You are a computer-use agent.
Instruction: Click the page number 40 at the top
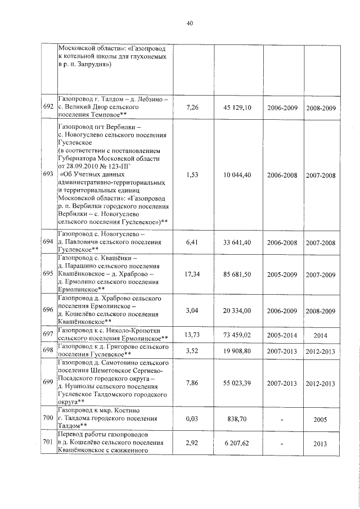(190, 23)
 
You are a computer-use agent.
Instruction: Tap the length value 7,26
(192, 107)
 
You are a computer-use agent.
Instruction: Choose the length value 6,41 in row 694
(192, 242)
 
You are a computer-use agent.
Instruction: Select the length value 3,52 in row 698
(192, 352)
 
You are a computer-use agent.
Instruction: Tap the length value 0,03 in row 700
(192, 419)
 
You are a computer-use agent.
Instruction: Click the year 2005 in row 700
(321, 419)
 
